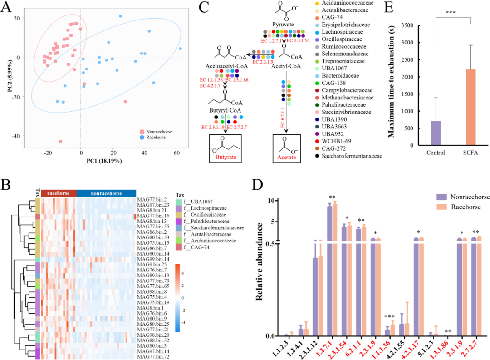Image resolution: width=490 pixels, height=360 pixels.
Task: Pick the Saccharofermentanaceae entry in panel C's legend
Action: point(352,156)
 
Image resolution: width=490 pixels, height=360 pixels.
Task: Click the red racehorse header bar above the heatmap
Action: point(59,193)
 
